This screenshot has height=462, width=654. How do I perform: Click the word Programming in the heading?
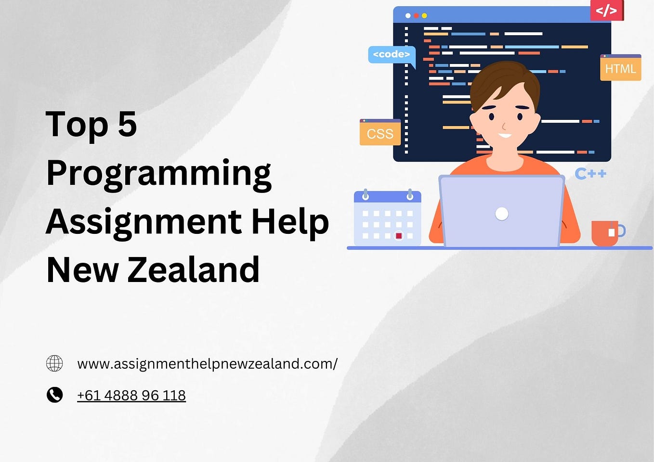[x=159, y=174]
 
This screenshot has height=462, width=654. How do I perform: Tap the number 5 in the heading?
[x=127, y=124]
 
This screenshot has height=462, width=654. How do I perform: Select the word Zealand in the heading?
[x=194, y=270]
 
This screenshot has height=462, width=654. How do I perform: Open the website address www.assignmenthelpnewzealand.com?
[x=207, y=364]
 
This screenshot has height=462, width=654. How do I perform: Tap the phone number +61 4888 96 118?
[x=131, y=395]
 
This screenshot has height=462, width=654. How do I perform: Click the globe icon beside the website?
[x=54, y=363]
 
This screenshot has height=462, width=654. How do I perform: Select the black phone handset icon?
[x=54, y=395]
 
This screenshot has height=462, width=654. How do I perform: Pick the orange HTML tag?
[x=620, y=68]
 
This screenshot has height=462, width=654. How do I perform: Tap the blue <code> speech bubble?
[x=391, y=54]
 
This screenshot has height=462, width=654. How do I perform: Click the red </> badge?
[x=606, y=10]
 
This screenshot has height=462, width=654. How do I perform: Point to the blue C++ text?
[x=590, y=174]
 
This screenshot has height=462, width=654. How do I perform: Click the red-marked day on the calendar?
[x=399, y=236]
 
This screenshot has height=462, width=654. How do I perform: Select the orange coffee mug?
[x=605, y=233]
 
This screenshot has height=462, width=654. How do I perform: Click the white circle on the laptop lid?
[x=502, y=214]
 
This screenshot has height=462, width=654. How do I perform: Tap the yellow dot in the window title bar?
[x=424, y=16]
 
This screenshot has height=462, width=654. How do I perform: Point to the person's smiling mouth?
[x=505, y=135]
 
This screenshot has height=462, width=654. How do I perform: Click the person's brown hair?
[x=503, y=79]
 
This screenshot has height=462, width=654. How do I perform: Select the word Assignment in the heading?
[x=144, y=222]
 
